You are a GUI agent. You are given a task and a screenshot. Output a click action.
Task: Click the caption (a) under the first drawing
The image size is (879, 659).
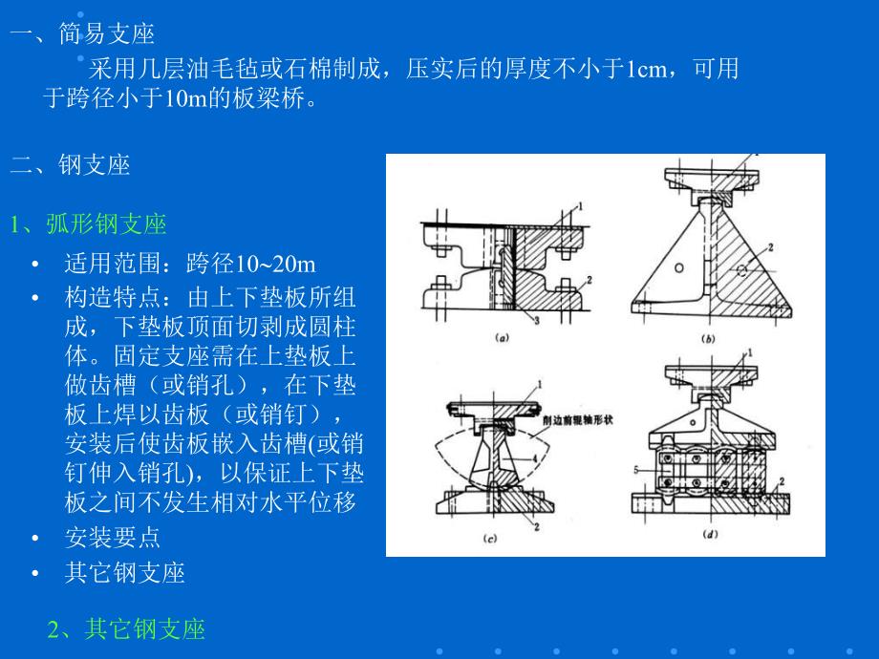[501, 336]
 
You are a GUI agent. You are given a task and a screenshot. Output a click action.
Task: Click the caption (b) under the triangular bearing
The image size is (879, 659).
[708, 337]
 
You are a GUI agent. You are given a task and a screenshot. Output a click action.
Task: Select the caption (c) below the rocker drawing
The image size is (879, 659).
[489, 539]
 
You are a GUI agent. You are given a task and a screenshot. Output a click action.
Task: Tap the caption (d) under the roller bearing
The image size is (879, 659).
[711, 535]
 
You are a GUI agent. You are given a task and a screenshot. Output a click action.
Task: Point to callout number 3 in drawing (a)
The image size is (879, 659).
[537, 322]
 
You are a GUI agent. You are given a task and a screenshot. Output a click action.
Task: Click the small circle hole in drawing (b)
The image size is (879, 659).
[677, 270]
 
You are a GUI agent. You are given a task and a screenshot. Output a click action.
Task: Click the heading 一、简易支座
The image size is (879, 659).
[82, 35]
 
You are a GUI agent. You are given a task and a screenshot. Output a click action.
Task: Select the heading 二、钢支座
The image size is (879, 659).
[70, 165]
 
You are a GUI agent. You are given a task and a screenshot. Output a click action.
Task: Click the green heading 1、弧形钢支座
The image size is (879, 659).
[89, 224]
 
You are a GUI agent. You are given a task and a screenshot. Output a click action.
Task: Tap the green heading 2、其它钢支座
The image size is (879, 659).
[126, 628]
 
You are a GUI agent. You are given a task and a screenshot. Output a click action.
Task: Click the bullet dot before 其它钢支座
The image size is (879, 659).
[35, 573]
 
